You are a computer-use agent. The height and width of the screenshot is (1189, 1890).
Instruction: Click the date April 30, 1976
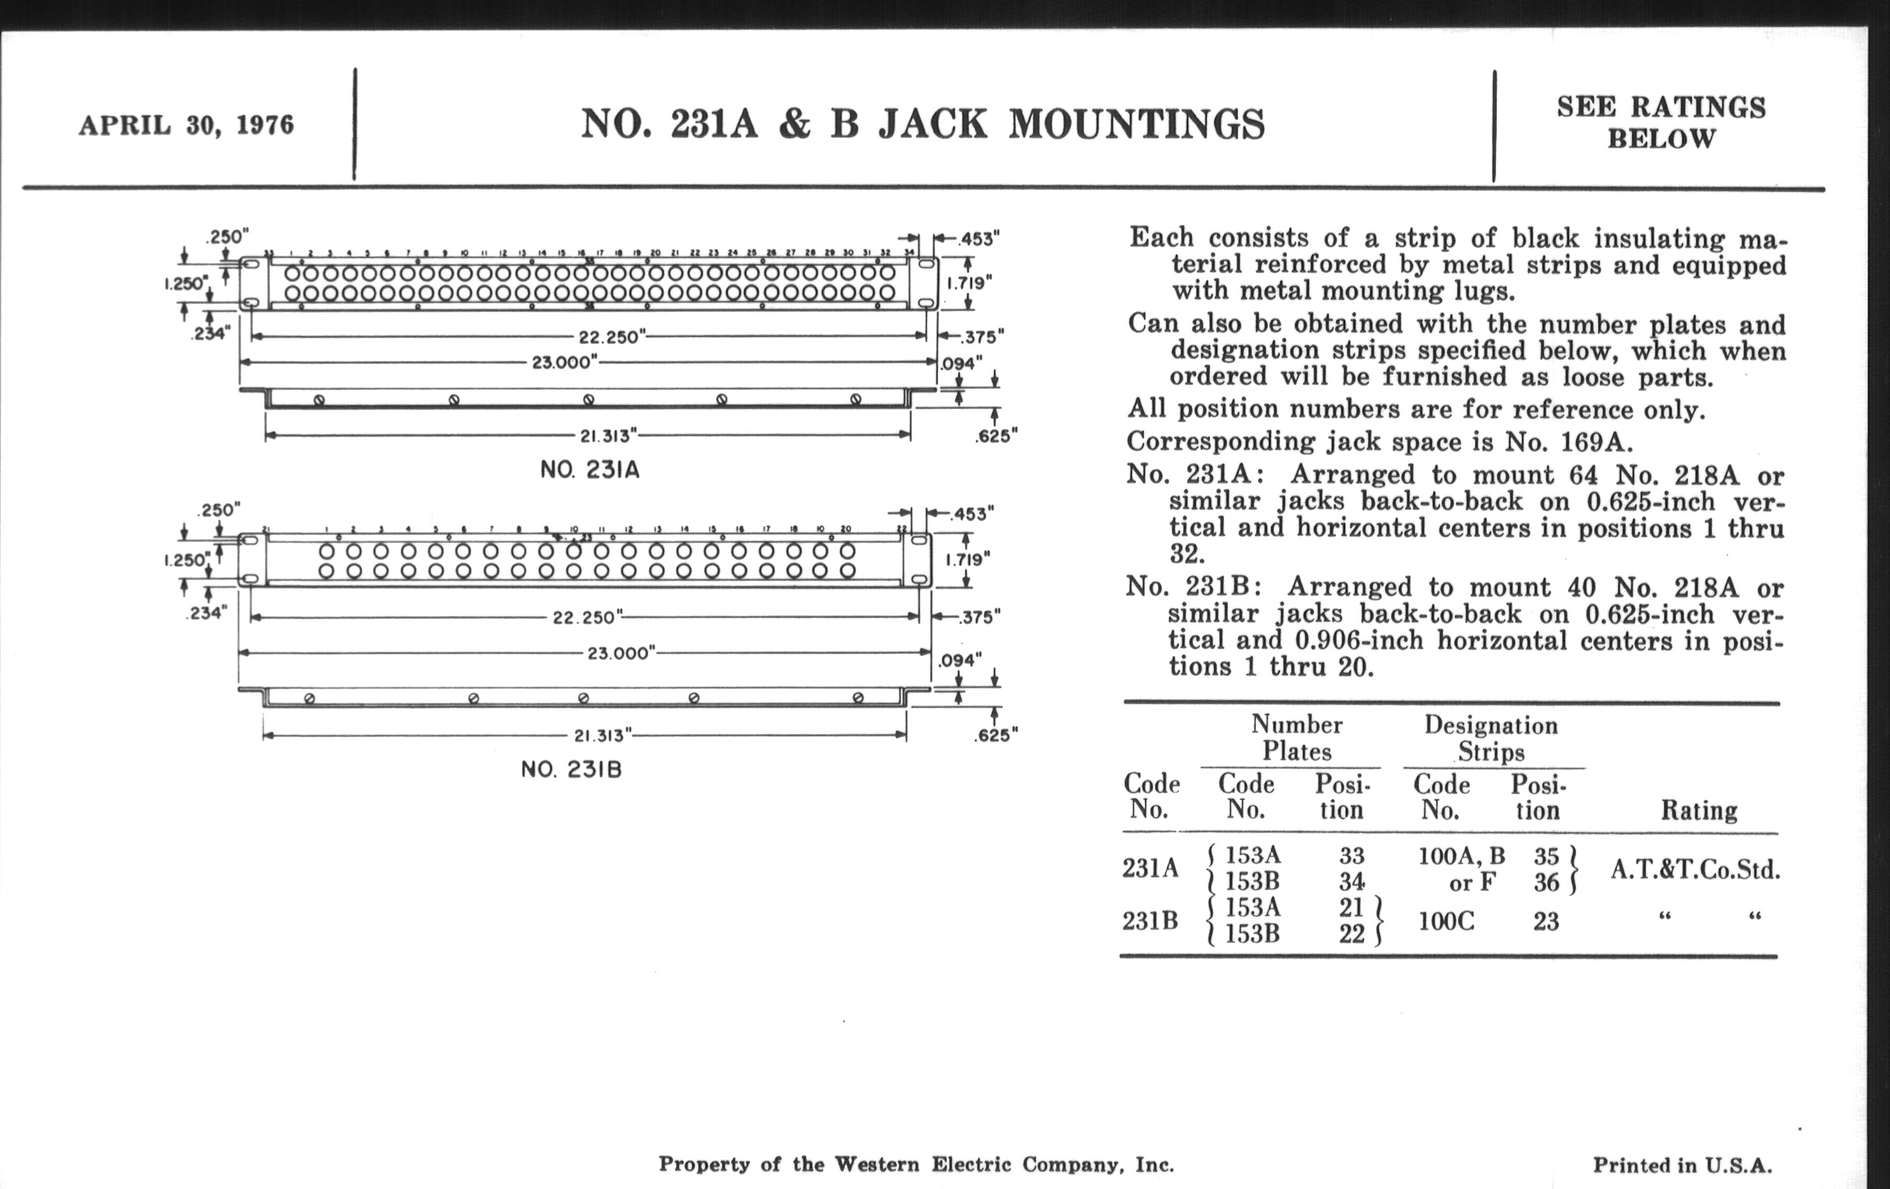coord(186,126)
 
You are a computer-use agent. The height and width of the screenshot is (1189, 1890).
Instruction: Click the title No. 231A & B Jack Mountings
coord(922,125)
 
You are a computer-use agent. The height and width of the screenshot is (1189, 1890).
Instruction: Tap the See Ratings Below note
coord(1661,123)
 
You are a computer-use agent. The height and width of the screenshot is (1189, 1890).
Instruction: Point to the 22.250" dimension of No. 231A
coord(612,336)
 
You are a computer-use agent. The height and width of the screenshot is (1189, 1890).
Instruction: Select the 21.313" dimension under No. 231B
coord(604,735)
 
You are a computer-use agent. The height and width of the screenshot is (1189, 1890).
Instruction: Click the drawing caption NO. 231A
coord(589,470)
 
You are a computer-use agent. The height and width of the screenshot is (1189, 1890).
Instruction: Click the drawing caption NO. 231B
coord(571,769)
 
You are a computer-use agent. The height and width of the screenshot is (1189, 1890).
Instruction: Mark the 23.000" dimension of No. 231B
coord(620,653)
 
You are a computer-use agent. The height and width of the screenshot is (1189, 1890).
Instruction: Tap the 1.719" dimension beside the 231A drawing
coord(968,282)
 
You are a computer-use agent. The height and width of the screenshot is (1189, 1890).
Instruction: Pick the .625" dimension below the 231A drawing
coord(996,437)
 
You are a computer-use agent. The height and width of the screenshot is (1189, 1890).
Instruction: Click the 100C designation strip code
coord(1446,921)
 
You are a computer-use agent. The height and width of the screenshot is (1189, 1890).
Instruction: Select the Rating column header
coord(1699,810)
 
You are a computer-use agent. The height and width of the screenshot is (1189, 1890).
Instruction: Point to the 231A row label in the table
coord(1150,868)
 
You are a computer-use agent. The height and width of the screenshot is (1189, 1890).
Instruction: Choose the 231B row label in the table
coord(1150,921)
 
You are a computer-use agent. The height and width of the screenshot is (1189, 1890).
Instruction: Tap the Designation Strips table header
coord(1491,737)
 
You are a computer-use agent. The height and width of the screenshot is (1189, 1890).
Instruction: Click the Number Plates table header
coord(1296,737)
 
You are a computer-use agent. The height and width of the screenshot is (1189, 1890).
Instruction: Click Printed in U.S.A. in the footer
coord(1682,1165)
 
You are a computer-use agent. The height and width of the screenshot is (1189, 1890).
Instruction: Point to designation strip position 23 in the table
coord(1546,921)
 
